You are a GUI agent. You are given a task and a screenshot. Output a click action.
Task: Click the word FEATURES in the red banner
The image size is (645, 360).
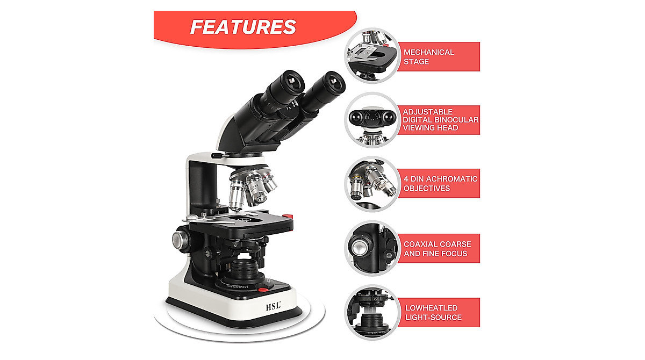[243, 27]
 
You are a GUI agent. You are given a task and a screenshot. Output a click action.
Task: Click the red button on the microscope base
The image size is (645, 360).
[263, 290]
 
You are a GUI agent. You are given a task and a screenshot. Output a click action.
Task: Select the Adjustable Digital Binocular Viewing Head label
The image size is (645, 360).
[440, 120]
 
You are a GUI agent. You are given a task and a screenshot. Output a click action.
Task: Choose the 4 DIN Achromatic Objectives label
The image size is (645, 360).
[440, 183]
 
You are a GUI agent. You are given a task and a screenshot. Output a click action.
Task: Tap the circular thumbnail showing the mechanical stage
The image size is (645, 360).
[371, 56]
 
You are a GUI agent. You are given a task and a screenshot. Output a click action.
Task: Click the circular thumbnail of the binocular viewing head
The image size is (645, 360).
[371, 120]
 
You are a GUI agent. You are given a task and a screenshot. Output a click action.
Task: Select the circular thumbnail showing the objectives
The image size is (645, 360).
[371, 184]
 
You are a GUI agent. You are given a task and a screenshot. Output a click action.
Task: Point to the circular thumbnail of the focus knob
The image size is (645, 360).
[371, 248]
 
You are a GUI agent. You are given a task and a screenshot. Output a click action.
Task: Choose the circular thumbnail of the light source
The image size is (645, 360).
[371, 312]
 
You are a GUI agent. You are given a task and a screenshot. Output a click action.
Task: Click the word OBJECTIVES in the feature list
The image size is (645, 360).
[427, 189]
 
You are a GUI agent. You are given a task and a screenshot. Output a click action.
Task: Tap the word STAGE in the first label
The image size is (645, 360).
[417, 62]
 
